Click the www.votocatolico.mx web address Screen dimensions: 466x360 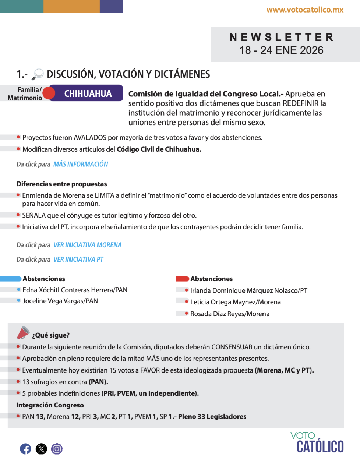point(305,10)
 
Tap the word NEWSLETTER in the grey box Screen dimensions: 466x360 point(282,37)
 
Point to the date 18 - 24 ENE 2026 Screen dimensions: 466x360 point(282,50)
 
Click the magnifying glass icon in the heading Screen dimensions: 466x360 point(38,74)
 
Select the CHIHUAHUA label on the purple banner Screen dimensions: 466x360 point(88,93)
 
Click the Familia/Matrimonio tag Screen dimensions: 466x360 point(25,94)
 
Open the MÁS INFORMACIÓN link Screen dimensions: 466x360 point(81,164)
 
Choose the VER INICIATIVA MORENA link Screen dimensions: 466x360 point(87,245)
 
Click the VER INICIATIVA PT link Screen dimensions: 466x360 point(78,260)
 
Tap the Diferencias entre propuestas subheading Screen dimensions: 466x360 point(61,184)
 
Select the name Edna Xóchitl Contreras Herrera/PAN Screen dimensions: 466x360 point(75,290)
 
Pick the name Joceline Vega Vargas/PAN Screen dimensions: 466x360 point(60,301)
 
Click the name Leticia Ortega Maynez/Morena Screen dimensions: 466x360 point(235,302)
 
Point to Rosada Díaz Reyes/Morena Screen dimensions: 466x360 point(230,314)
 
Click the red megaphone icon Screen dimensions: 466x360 point(23,333)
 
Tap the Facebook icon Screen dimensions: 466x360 point(25,449)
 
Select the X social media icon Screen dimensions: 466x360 point(41,449)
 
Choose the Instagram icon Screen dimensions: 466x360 point(57,449)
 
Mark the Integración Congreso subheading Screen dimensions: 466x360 point(50,405)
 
